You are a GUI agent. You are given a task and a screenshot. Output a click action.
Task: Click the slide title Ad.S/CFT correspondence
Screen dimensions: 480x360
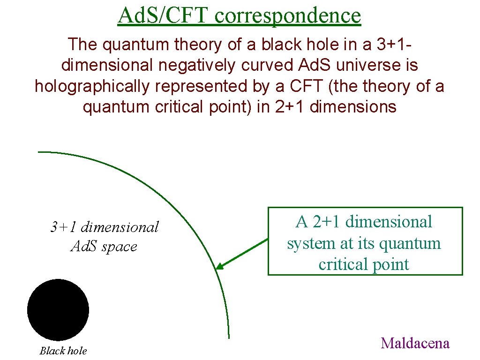[240, 15]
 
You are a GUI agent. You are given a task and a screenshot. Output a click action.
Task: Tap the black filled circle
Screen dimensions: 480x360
[58, 309]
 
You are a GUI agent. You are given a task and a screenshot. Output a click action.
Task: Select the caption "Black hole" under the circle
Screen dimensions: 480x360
[63, 351]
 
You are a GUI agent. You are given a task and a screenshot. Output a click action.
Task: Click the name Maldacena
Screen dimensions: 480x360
[415, 343]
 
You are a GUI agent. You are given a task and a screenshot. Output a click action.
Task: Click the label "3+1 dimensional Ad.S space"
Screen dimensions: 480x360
[104, 237]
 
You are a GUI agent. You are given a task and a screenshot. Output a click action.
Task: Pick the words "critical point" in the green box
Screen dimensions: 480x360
[364, 264]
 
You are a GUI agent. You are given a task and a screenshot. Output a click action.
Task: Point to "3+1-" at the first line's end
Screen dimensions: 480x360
[393, 45]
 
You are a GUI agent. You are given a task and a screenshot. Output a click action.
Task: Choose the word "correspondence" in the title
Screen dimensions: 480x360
[288, 15]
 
